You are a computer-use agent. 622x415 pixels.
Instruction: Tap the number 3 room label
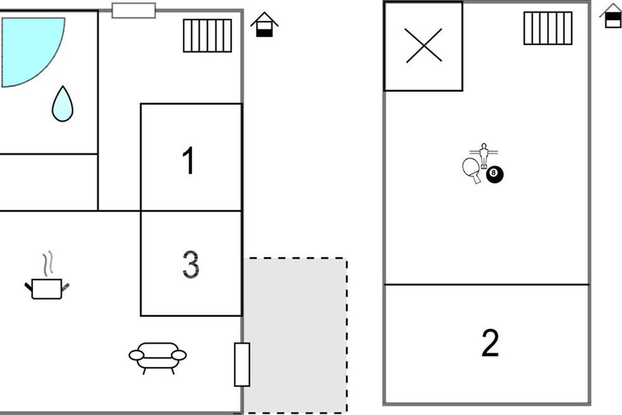pos(191,265)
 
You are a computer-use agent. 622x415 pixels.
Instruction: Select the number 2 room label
pos(490,343)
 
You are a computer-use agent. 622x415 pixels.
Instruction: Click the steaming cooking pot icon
pos(47,288)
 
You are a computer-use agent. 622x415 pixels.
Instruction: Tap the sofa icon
pos(158,356)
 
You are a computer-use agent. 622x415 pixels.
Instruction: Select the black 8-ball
pos(494,174)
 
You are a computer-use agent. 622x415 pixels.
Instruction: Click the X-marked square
pos(423,46)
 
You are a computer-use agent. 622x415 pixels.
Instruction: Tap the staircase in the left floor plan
pos(207,36)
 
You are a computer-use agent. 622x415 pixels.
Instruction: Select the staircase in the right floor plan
pos(547,28)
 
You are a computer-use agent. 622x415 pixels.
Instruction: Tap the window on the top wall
pos(134,10)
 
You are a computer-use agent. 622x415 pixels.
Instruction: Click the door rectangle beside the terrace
pos(242,364)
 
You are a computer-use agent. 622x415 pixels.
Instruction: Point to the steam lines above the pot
pos(48,264)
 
